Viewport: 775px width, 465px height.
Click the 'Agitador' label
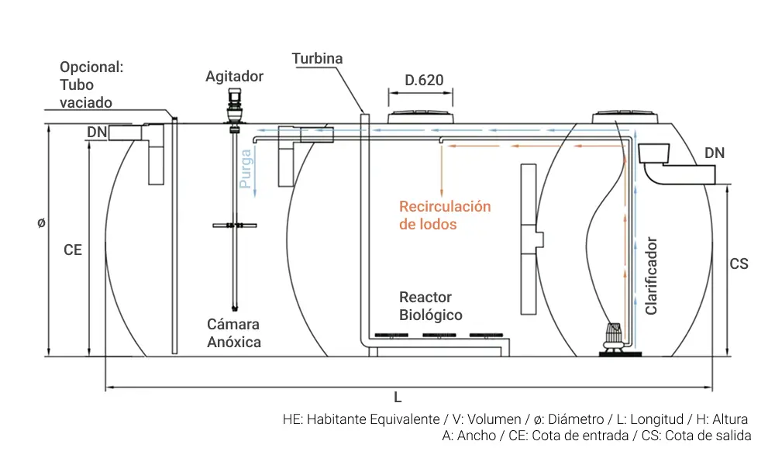coord(234,77)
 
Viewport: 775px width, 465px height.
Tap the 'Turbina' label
coord(317,59)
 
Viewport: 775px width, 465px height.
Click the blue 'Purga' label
coord(246,169)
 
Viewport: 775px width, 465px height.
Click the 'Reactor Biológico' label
coord(430,306)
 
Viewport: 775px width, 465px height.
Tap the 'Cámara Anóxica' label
coord(233,332)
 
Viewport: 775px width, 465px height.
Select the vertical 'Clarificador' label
coord(651,276)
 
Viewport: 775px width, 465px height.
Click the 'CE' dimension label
coord(73,250)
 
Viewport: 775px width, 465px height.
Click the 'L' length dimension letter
coord(398,398)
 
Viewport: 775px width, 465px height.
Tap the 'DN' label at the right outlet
coord(714,153)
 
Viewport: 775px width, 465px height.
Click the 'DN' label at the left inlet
coord(96,133)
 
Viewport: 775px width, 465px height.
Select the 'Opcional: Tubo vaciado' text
coord(91,85)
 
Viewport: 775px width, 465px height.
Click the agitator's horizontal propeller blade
coord(233,226)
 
